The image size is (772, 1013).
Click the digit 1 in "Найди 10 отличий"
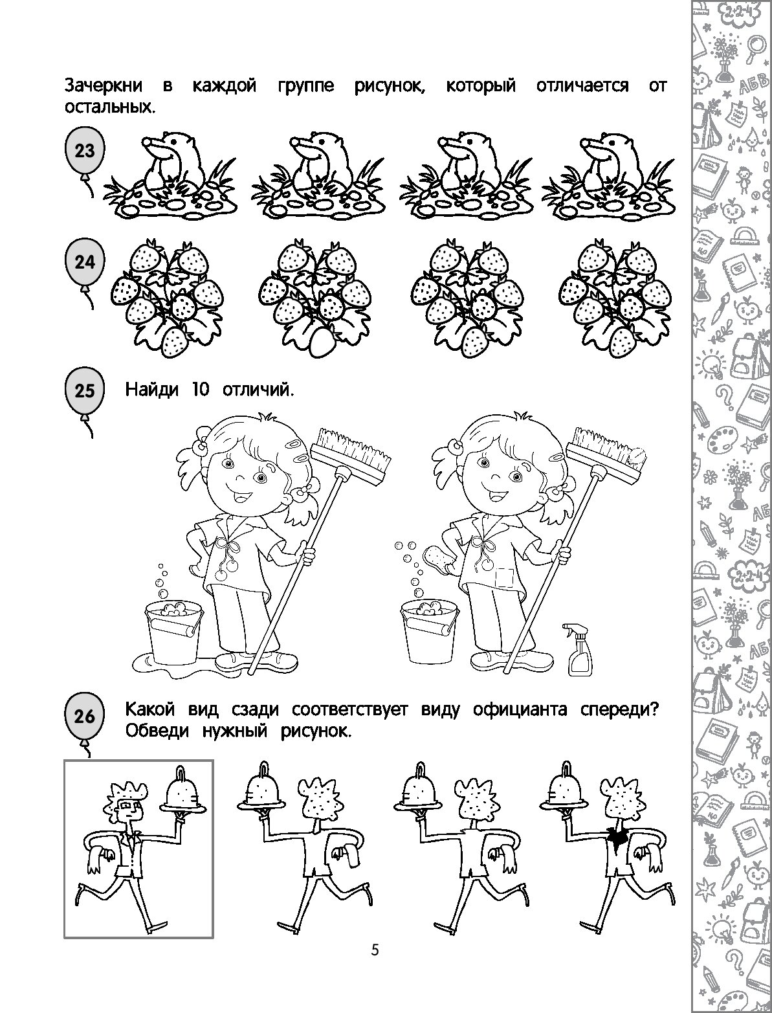(x=192, y=390)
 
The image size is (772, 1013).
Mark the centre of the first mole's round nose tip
(x=146, y=142)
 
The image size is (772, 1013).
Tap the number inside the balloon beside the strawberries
(x=85, y=262)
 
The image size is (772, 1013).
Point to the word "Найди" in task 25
(x=151, y=390)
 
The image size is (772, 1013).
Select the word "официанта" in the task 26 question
(x=520, y=710)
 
